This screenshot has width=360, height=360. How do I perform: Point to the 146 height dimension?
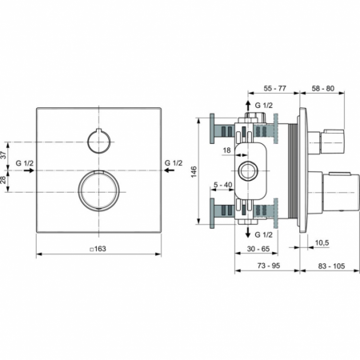click(x=194, y=173)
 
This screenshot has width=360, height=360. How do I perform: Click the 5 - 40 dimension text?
click(x=224, y=185)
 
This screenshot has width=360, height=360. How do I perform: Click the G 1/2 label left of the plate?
click(x=24, y=163)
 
